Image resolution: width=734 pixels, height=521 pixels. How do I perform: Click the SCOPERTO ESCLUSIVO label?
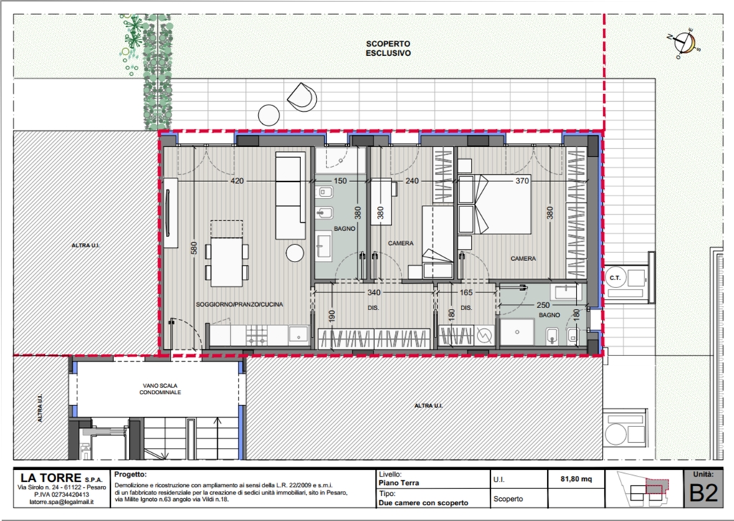point(388,48)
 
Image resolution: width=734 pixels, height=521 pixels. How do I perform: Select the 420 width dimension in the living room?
point(237,181)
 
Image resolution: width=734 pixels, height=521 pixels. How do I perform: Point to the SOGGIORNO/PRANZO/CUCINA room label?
point(239,305)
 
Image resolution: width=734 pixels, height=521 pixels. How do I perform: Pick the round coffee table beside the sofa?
point(295,253)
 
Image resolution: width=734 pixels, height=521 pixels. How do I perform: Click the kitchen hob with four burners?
point(257,335)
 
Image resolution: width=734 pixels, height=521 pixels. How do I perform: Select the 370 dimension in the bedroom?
point(522,181)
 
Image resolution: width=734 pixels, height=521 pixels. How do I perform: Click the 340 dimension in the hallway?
point(373,292)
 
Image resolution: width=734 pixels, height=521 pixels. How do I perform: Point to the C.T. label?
point(614,277)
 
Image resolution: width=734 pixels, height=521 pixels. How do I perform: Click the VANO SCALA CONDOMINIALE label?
point(160,389)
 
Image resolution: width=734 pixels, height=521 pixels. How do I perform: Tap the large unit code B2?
point(703,493)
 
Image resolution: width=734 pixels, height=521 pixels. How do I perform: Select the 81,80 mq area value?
point(576,479)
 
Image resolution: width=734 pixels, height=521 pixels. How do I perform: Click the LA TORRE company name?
point(51,478)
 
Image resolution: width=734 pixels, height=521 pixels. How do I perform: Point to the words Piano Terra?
point(399,482)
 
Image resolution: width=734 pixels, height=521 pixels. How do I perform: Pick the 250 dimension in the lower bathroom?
point(543,305)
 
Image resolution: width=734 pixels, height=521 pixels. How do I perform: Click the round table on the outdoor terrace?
point(269,115)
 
